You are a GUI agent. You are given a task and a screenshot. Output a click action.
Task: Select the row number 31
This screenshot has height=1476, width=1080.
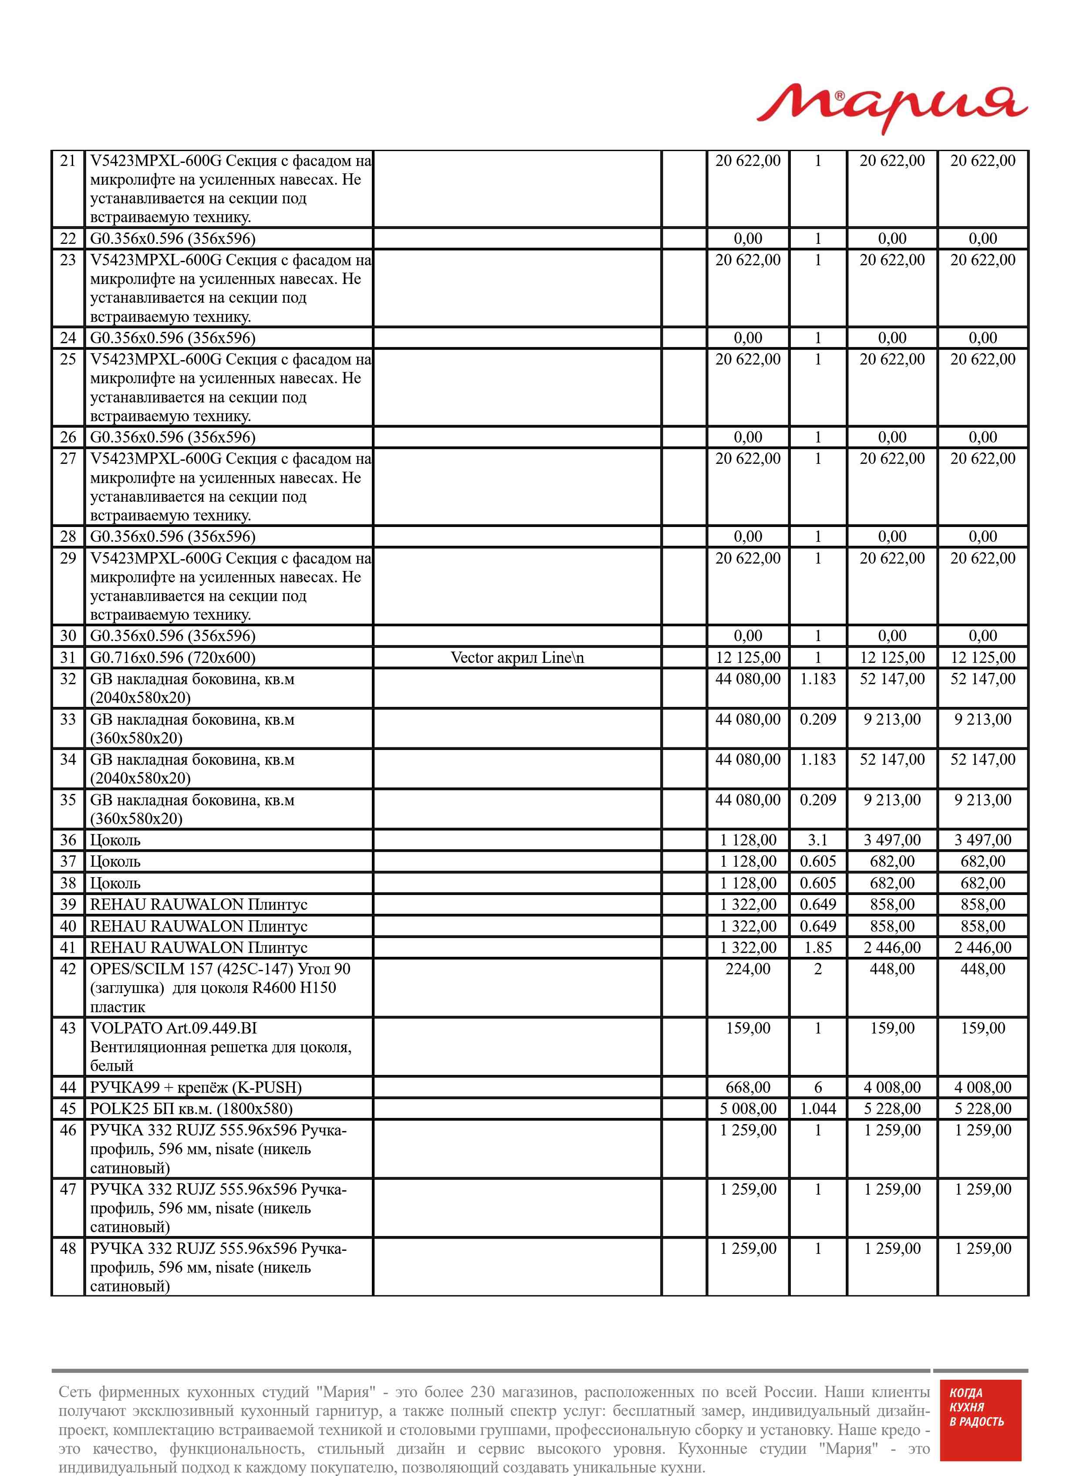click(68, 658)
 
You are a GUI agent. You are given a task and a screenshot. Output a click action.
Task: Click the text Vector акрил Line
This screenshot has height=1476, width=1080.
click(516, 658)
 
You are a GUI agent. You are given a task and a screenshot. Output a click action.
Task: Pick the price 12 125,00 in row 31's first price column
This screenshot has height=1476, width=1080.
click(748, 658)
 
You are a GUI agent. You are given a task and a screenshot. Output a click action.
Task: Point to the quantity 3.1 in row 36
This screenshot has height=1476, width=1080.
click(817, 840)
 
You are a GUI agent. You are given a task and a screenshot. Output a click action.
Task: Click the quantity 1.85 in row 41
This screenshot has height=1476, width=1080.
click(817, 947)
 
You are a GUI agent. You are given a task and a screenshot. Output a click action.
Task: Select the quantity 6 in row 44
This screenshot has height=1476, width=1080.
click(817, 1087)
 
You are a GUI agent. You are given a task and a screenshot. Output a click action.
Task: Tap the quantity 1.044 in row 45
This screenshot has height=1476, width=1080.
click(817, 1109)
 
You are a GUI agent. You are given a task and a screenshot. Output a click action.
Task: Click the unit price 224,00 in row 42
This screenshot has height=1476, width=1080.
click(748, 969)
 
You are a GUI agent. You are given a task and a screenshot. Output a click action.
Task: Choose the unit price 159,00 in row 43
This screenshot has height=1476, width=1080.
click(748, 1028)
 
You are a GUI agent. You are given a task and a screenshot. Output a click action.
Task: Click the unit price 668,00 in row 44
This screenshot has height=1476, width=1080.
click(748, 1087)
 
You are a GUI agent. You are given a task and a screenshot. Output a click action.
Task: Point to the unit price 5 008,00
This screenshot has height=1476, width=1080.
click(748, 1109)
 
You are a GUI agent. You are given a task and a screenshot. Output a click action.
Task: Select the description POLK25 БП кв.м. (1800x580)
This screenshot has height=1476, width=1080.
click(191, 1109)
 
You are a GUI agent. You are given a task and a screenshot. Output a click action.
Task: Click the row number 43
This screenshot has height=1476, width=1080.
click(68, 1028)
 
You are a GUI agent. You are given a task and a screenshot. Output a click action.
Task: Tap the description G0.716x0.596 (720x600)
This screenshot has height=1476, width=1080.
click(172, 658)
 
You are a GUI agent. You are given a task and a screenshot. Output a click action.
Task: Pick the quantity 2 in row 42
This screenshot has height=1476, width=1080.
click(817, 969)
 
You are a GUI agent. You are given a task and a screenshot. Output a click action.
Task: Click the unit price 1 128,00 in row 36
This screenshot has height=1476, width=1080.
click(748, 840)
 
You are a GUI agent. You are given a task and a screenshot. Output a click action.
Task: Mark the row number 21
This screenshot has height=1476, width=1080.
click(68, 161)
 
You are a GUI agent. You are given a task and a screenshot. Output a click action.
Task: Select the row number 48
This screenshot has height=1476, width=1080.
click(68, 1249)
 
